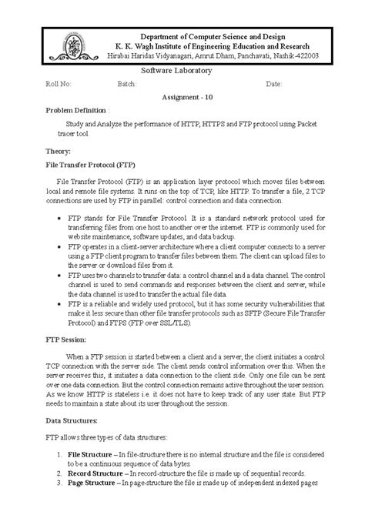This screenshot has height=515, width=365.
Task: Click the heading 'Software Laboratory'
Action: click(x=176, y=71)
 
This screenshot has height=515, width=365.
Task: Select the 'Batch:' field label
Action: click(x=127, y=83)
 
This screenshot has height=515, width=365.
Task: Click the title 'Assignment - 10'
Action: click(x=182, y=98)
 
